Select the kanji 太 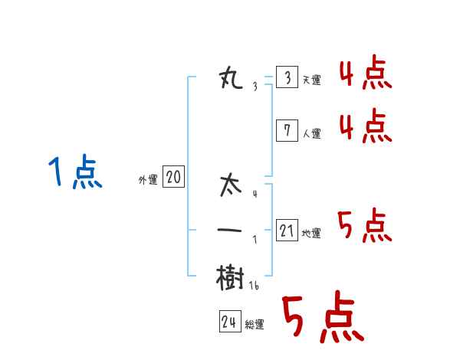pyautogui.click(x=230, y=186)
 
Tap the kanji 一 pyautogui.click(x=230, y=231)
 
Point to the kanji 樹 pyautogui.click(x=230, y=277)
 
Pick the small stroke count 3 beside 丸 pyautogui.click(x=255, y=87)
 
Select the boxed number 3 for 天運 pyautogui.click(x=287, y=78)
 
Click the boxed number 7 pyautogui.click(x=287, y=131)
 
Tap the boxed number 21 pyautogui.click(x=287, y=231)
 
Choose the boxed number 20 pyautogui.click(x=173, y=178)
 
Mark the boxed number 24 pyautogui.click(x=229, y=322)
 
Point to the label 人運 pyautogui.click(x=311, y=133)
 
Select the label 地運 pyautogui.click(x=311, y=233)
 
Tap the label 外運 pyautogui.click(x=148, y=180)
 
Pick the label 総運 pyautogui.click(x=255, y=324)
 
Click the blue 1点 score pyautogui.click(x=75, y=172)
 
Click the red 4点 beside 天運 pyautogui.click(x=365, y=74)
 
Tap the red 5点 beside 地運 pyautogui.click(x=365, y=226)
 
